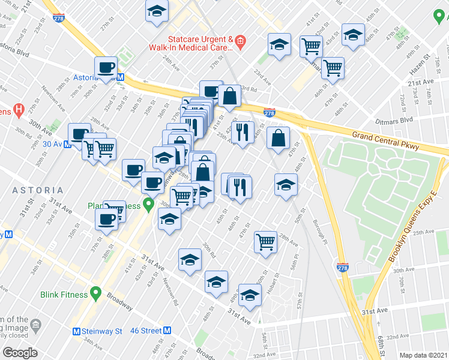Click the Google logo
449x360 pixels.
[19, 353]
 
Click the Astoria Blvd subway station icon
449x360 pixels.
[121, 77]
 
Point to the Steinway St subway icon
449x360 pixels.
[76, 331]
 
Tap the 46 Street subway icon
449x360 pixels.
[167, 331]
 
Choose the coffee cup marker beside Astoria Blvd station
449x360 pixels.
[106, 68]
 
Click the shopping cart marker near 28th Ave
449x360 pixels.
[265, 242]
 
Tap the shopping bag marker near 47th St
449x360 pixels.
[278, 137]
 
